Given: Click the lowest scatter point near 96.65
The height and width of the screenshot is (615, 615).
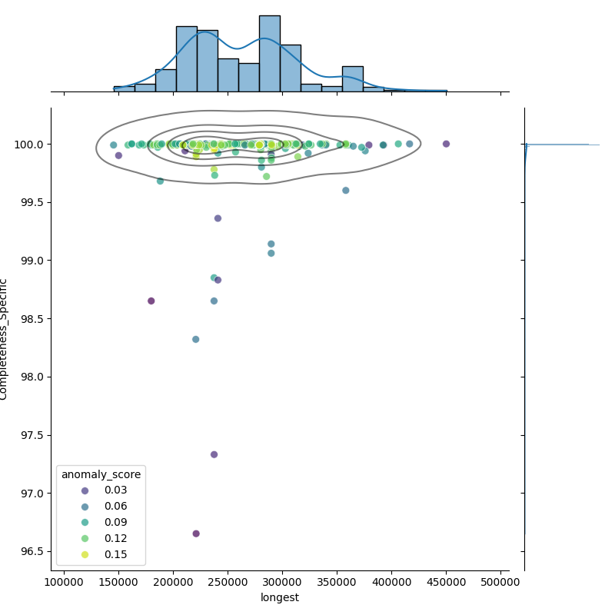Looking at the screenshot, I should [196, 534].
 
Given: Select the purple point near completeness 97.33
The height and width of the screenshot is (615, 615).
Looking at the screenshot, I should [214, 454].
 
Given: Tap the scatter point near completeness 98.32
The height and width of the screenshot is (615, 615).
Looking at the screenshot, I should [195, 339].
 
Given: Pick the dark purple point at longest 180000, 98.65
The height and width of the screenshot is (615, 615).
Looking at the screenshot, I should [151, 301].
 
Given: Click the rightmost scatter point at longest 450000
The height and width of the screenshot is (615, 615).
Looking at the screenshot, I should [446, 144].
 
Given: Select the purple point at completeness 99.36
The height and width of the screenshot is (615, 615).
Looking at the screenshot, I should [218, 218].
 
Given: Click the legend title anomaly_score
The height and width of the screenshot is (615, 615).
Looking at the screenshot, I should [101, 474].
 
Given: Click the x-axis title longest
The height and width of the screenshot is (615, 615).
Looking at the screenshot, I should [280, 597].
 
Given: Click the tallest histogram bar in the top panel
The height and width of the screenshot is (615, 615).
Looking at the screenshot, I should [269, 54].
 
